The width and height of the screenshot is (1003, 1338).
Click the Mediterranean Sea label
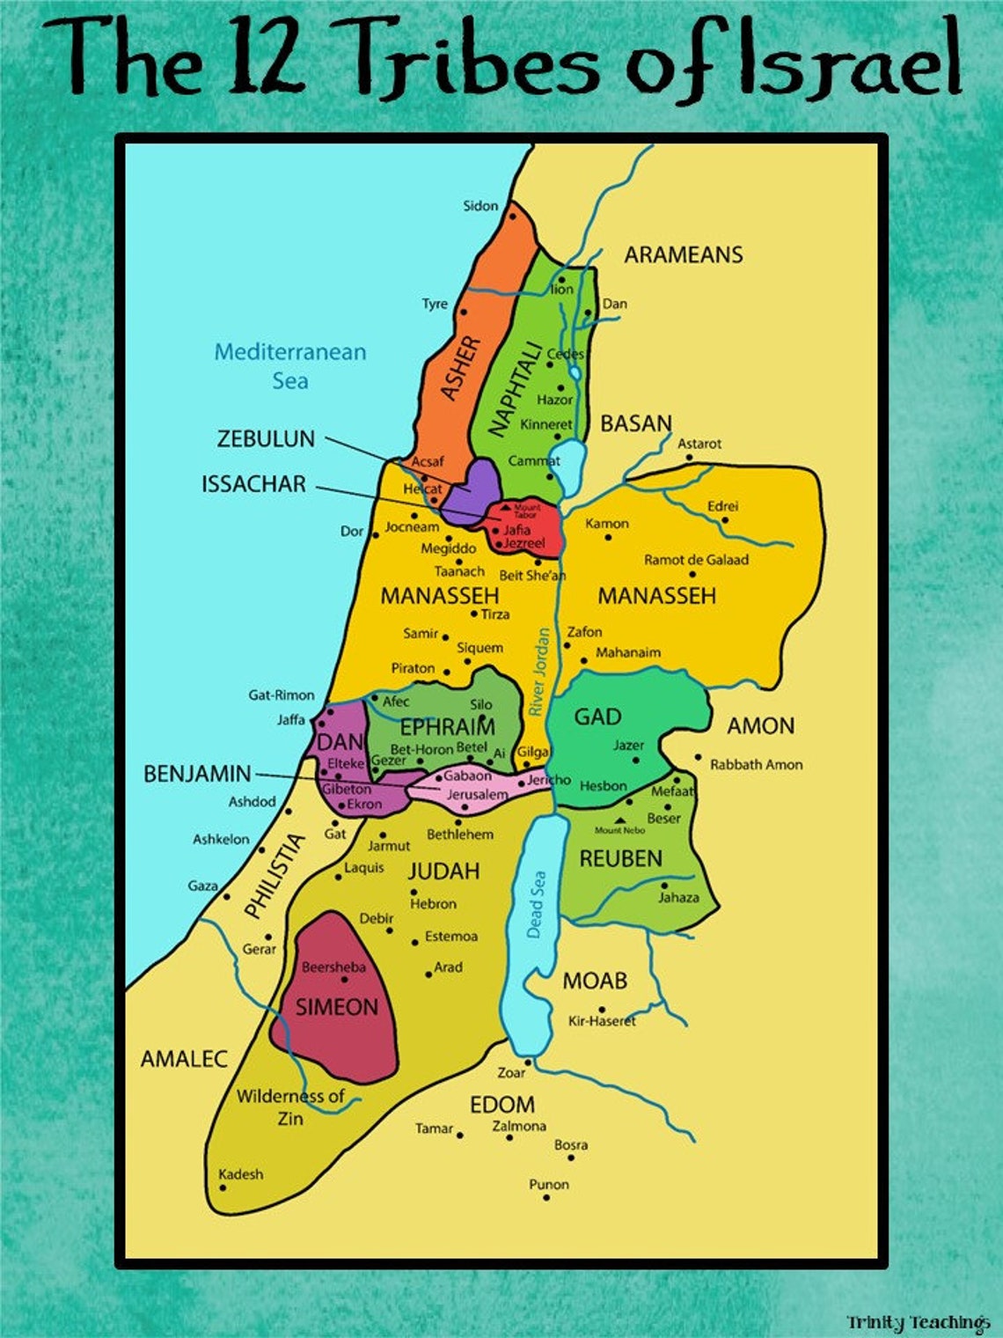(x=289, y=366)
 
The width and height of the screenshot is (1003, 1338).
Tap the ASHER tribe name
(x=460, y=369)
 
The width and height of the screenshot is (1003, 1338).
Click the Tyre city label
(x=435, y=304)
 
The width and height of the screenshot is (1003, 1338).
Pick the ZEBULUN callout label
(x=266, y=438)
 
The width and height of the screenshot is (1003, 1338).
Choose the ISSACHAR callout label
(x=253, y=484)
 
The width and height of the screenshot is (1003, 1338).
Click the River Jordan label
(x=540, y=672)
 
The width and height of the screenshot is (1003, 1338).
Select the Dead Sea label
(x=536, y=904)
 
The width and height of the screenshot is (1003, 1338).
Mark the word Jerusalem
(x=477, y=795)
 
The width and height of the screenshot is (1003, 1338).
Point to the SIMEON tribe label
(x=336, y=1007)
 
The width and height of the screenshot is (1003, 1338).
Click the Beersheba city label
(x=333, y=967)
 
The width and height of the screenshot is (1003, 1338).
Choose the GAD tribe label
(x=597, y=717)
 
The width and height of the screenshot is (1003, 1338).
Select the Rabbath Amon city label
(x=756, y=765)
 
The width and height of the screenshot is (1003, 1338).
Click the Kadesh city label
(x=240, y=1174)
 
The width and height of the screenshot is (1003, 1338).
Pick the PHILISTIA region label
(x=275, y=876)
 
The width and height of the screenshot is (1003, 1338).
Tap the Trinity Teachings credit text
(x=918, y=1322)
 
